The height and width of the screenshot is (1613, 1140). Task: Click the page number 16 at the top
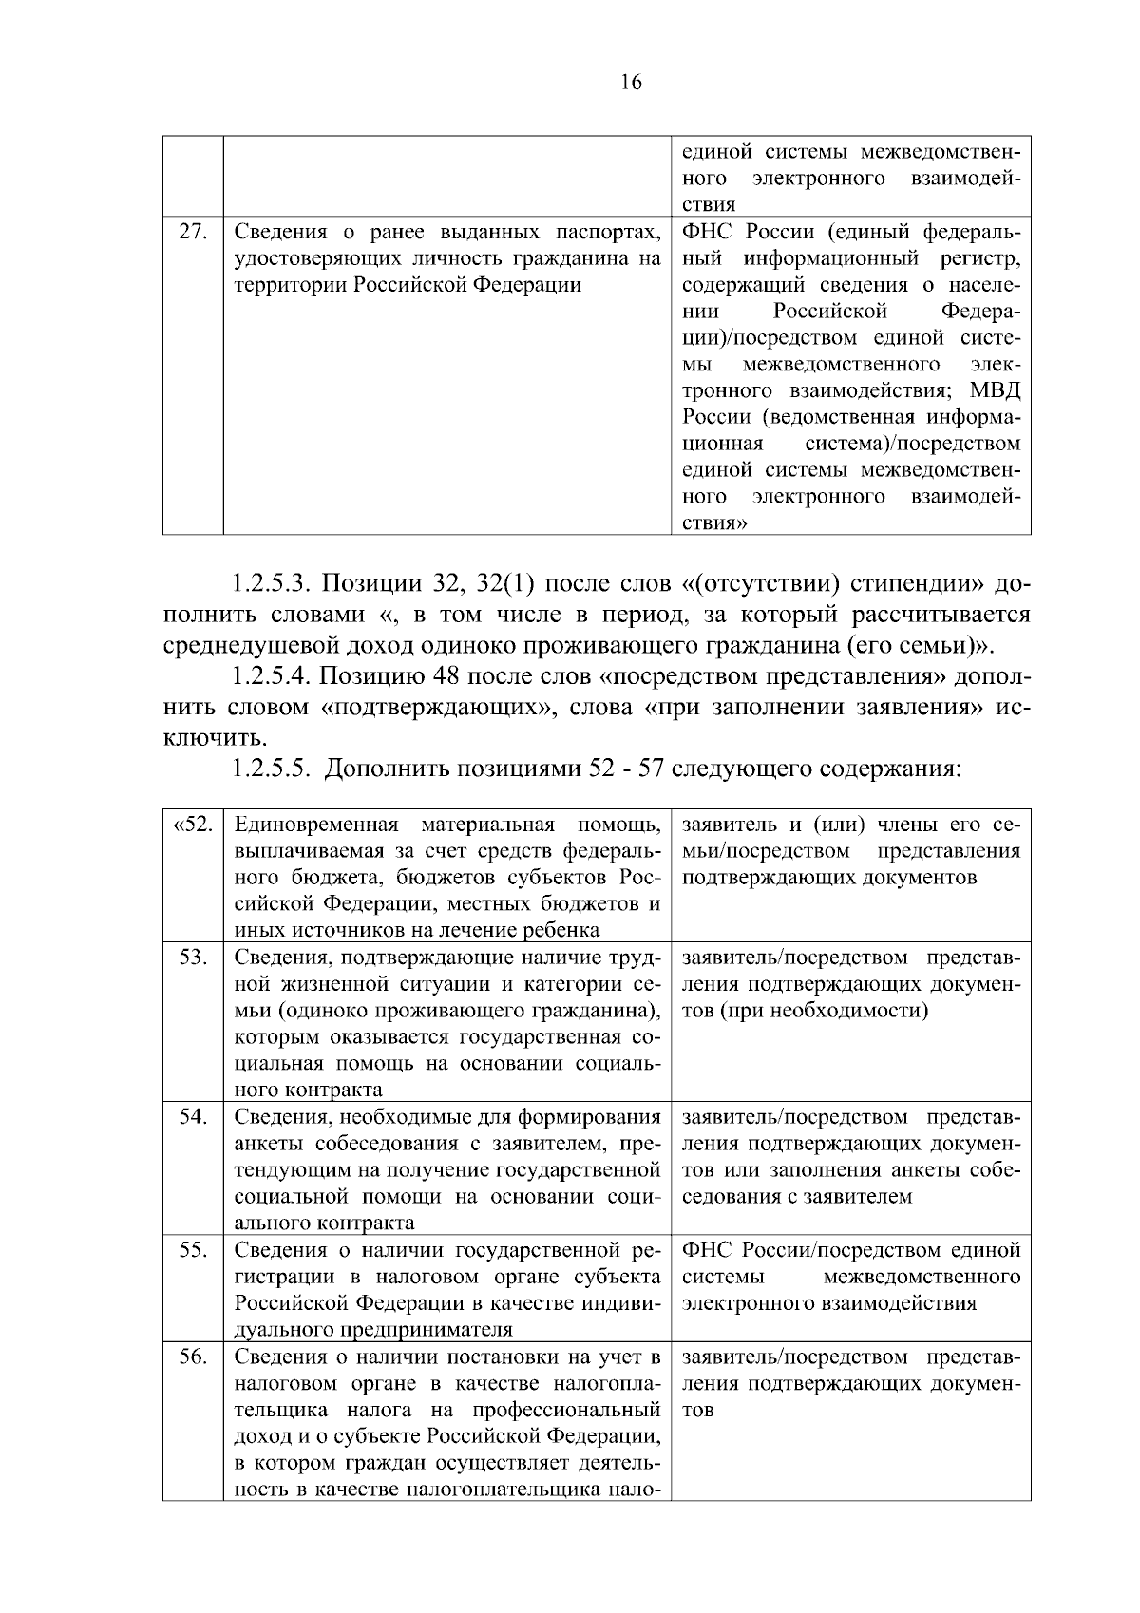[x=631, y=83]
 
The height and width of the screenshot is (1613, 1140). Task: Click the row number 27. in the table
[x=193, y=232]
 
